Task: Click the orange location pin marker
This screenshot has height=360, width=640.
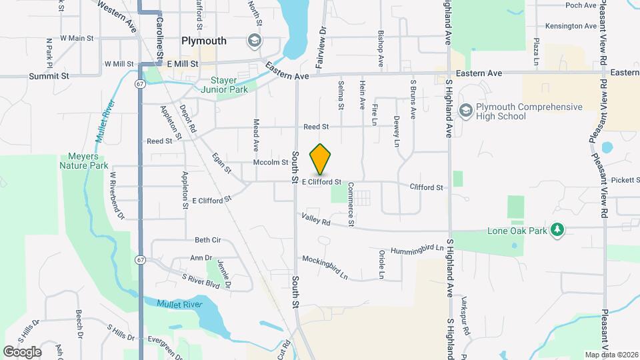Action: (321, 159)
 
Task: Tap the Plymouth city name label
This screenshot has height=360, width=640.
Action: (204, 41)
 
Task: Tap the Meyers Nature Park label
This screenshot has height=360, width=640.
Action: (83, 161)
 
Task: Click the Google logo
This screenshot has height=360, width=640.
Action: (22, 351)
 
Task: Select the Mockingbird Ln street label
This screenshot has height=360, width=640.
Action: (325, 266)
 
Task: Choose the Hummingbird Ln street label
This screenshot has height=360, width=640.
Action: (417, 247)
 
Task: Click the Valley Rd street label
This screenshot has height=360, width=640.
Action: (316, 218)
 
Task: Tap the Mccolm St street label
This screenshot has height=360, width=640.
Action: (270, 163)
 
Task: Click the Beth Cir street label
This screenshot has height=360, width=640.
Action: (207, 240)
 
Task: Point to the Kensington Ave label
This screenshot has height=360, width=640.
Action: (571, 26)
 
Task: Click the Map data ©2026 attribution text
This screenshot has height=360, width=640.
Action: (610, 354)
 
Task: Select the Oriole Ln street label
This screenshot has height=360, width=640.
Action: (382, 265)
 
